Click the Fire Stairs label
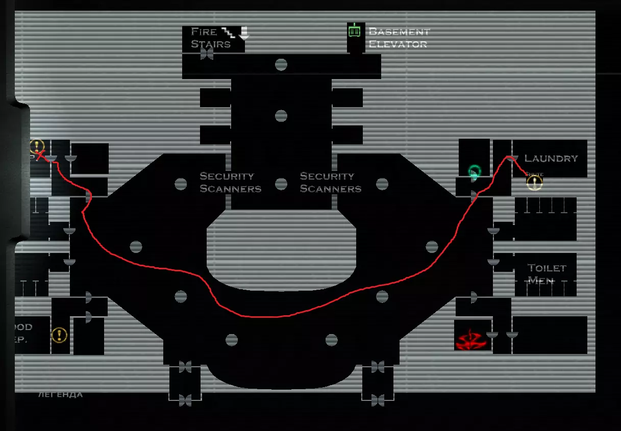tap(211, 38)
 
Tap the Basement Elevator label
tap(399, 38)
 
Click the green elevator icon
tap(354, 31)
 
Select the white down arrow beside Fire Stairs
tap(244, 33)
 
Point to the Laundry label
tap(551, 159)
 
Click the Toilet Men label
tap(547, 274)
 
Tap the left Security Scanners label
tap(230, 182)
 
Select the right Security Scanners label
tap(330, 182)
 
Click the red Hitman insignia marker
tap(472, 339)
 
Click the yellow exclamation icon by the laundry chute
tap(534, 183)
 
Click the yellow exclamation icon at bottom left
tap(59, 335)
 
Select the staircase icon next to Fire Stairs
tap(228, 33)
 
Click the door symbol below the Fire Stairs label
tap(207, 54)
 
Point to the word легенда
tap(60, 394)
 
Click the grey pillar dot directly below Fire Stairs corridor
tap(281, 65)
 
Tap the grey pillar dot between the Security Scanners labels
tap(281, 184)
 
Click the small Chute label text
tap(534, 174)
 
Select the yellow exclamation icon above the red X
tap(37, 146)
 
